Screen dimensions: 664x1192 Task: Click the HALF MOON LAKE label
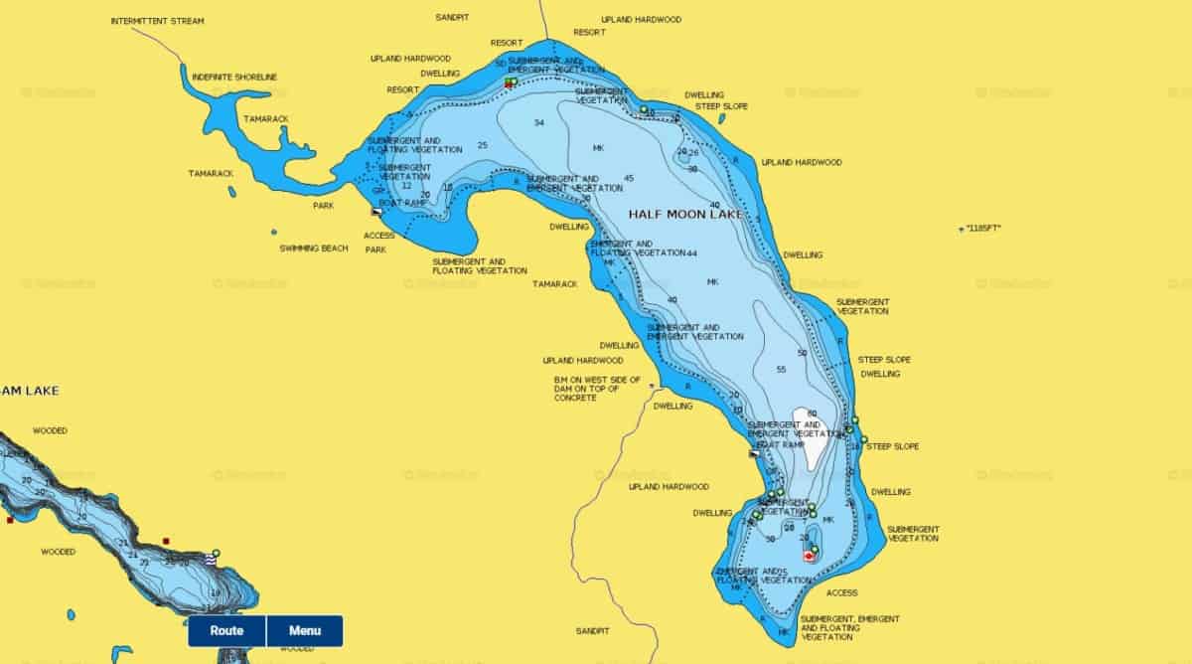coord(685,214)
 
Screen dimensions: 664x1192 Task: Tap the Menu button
coord(305,630)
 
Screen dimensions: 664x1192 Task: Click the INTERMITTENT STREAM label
coord(157,20)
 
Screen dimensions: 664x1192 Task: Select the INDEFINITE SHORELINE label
coord(234,77)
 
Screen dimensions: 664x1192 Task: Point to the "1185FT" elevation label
coord(982,229)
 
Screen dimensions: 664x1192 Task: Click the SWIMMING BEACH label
coord(314,249)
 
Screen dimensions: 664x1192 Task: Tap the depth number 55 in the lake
coord(781,370)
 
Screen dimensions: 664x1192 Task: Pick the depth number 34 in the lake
coord(539,123)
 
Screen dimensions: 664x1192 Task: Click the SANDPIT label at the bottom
coord(594,631)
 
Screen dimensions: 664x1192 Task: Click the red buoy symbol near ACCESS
coord(809,557)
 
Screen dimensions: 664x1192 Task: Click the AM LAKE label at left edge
coord(29,391)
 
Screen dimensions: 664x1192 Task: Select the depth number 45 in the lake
coord(629,179)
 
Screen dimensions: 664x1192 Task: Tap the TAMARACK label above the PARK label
coord(212,174)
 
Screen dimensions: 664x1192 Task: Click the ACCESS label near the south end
coord(841,593)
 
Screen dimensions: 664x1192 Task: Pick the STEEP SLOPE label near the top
coord(721,106)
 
